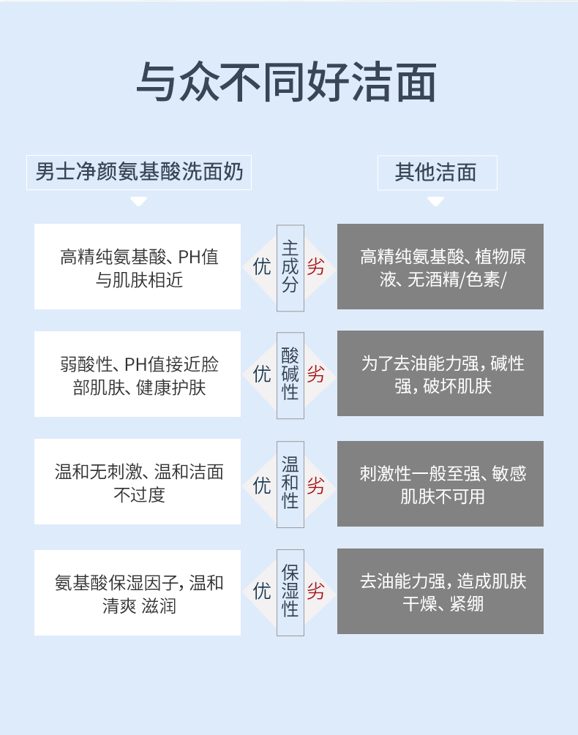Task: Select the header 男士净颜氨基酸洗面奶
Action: (x=139, y=173)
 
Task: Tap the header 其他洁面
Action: (x=436, y=173)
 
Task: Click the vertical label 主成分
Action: (x=290, y=267)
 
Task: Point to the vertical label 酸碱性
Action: (x=290, y=374)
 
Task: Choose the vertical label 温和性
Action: (x=290, y=482)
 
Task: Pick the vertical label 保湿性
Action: (x=290, y=590)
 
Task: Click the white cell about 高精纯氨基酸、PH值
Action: (x=138, y=267)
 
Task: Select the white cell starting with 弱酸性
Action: (x=138, y=374)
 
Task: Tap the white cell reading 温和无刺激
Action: (x=138, y=482)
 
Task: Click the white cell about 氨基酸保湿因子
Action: (x=138, y=592)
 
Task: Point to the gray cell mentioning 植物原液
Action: (x=440, y=267)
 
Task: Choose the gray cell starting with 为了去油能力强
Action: (x=440, y=374)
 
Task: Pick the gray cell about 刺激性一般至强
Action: (x=440, y=483)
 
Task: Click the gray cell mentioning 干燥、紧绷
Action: (x=440, y=592)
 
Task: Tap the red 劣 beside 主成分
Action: (x=316, y=267)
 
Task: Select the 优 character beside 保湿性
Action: (x=262, y=591)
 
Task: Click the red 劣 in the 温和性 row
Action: (x=316, y=485)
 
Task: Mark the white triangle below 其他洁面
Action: (x=436, y=200)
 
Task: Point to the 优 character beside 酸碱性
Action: (x=262, y=374)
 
